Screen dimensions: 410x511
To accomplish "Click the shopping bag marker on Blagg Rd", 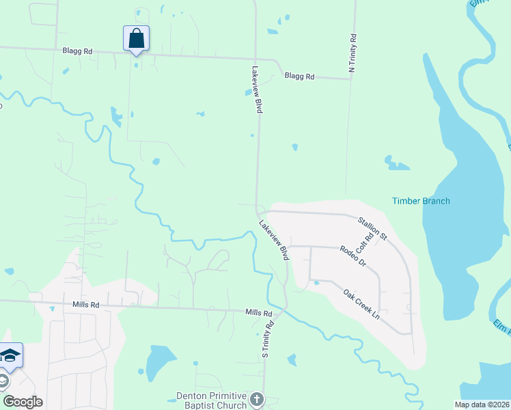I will tap(136, 38).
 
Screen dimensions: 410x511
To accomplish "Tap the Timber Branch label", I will tap(421, 201).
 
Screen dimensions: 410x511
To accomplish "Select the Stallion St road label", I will tap(372, 228).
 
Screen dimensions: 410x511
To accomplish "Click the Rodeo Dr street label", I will tap(353, 256).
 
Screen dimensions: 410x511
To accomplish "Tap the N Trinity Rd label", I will tap(353, 53).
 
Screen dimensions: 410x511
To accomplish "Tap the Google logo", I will tap(23, 402).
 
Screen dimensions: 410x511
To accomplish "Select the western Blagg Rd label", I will tap(77, 51).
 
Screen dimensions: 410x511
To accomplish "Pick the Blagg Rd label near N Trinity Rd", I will tap(299, 77).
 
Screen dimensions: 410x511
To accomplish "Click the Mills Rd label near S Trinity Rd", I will tap(259, 312).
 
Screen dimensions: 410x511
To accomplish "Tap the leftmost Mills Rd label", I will tap(85, 305).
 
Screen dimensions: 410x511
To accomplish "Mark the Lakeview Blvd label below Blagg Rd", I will tap(257, 89).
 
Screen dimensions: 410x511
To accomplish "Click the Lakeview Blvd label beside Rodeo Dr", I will tap(273, 239).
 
